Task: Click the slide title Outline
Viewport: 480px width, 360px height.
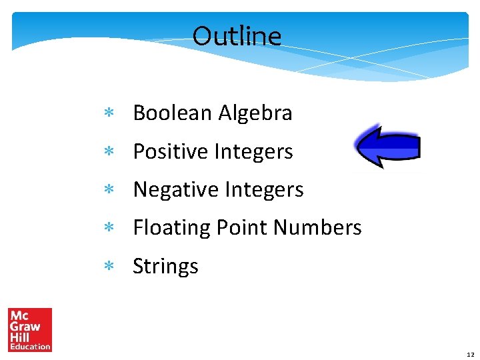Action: (237, 36)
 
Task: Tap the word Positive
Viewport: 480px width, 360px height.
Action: (171, 152)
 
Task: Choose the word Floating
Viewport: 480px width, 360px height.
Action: (172, 228)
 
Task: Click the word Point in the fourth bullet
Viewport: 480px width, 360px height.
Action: (242, 228)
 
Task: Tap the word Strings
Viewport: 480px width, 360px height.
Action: (165, 266)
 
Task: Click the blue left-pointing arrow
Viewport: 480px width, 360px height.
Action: (387, 147)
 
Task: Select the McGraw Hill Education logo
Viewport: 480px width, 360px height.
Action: (30, 329)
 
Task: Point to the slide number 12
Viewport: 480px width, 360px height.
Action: (470, 354)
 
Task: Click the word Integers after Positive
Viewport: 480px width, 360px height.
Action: (253, 152)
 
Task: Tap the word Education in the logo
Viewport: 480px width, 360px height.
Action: (30, 346)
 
